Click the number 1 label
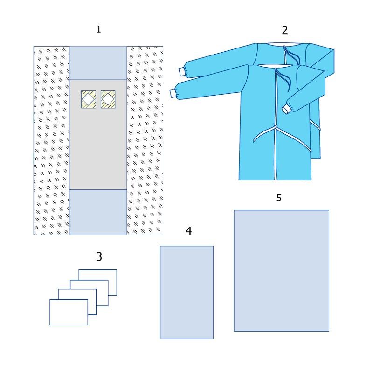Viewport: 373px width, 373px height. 98,29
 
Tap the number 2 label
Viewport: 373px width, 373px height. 285,30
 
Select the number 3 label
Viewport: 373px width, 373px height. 99,257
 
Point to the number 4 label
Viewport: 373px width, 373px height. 189,231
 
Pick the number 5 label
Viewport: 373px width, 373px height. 279,198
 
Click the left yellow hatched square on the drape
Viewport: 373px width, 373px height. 89,99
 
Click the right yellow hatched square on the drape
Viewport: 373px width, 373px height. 108,99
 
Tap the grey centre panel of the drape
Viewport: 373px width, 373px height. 98,147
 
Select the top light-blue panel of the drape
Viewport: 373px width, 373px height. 98,63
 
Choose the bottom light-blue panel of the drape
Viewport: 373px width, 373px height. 98,212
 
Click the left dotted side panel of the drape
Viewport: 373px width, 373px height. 52,140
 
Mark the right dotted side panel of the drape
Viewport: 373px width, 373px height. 145,140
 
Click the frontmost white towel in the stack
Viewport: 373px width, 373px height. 69,312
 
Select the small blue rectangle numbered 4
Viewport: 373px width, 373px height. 187,293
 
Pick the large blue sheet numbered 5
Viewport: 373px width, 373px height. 282,270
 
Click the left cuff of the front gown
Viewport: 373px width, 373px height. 173,93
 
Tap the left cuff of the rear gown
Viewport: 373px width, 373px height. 182,72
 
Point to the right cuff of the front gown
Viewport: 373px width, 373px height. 287,109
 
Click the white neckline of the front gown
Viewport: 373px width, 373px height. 275,66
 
